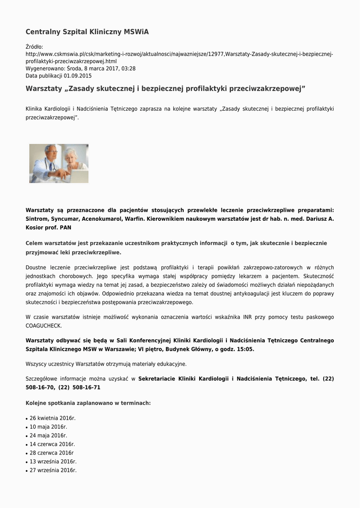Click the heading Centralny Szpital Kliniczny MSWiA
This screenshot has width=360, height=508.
click(87, 32)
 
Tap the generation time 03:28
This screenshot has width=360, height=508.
click(129, 68)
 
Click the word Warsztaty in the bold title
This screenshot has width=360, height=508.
click(45, 89)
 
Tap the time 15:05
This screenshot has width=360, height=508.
click(244, 349)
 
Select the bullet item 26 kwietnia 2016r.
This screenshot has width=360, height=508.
click(52, 418)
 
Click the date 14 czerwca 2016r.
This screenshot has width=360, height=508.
click(52, 444)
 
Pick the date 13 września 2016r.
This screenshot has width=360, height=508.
click(53, 461)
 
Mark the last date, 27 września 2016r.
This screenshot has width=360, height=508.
click(53, 470)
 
